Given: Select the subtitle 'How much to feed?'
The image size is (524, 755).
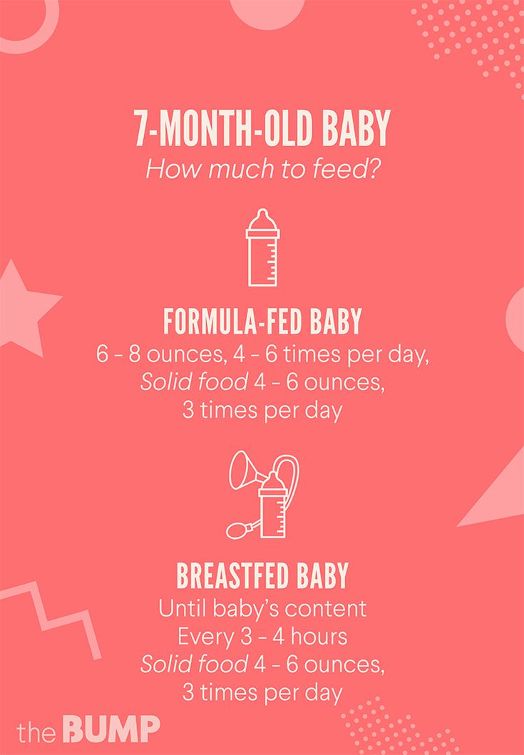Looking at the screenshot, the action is click(262, 169).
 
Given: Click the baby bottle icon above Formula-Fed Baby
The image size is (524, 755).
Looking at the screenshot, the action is click(262, 247).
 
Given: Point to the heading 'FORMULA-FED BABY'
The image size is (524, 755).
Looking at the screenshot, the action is click(262, 321).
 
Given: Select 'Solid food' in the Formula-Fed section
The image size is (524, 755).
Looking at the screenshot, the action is click(194, 382).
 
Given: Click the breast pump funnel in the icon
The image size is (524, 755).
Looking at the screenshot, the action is click(247, 471).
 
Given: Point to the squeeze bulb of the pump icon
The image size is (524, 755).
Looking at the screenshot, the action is click(238, 531).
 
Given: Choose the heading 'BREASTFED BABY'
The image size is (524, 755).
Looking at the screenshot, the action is click(262, 575).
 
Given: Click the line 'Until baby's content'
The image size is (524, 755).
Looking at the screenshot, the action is click(262, 609).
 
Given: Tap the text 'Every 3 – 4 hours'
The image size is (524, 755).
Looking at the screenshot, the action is click(262, 637).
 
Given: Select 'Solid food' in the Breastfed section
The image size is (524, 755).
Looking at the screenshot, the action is click(194, 664).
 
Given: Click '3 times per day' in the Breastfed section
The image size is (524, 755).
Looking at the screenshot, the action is click(262, 693).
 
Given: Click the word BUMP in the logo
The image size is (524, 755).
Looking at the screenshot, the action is click(111, 729).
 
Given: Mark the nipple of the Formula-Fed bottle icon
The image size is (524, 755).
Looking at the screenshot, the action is click(262, 218).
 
